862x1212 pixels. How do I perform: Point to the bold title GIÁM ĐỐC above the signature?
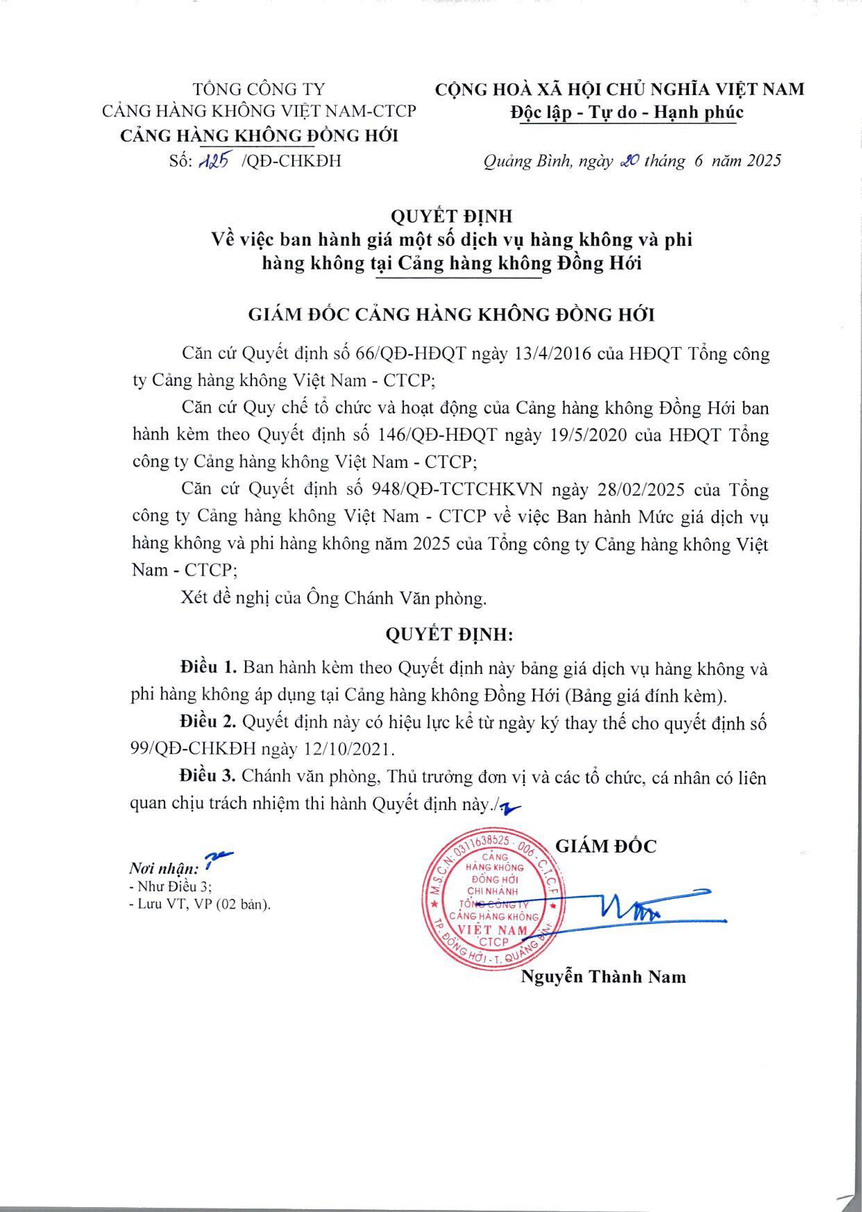(x=605, y=846)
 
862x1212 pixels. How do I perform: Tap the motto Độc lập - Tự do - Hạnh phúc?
(x=626, y=112)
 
